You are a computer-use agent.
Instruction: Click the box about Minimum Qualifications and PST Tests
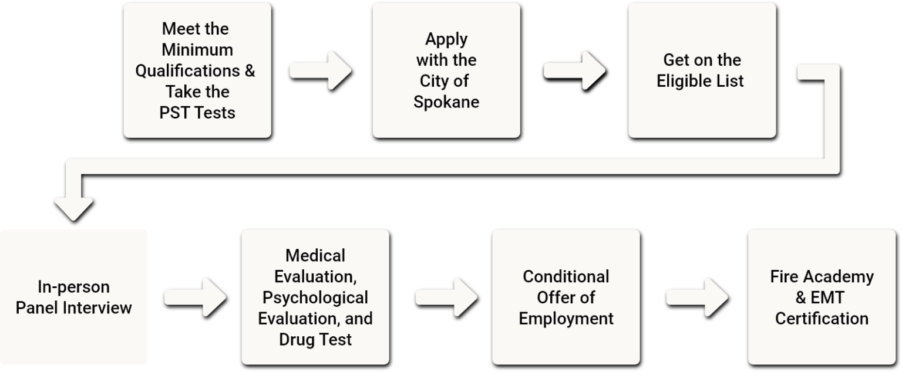(x=197, y=70)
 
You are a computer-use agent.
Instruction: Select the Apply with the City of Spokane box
(x=446, y=70)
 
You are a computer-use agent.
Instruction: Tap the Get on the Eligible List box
(x=702, y=70)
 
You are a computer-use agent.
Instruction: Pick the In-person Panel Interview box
(x=73, y=297)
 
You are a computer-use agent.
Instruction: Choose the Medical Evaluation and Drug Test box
(x=315, y=297)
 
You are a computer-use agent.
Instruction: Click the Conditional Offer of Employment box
(x=566, y=297)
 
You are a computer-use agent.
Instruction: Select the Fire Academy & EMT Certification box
(x=822, y=297)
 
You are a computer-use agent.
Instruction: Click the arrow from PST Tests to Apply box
(x=320, y=70)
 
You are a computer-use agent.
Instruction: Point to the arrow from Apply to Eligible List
(x=574, y=70)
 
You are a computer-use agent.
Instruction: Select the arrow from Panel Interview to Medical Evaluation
(x=194, y=297)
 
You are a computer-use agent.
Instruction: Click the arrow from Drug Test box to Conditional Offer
(x=446, y=297)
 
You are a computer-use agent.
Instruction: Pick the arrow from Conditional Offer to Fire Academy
(x=697, y=297)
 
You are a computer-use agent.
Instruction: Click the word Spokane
(x=446, y=102)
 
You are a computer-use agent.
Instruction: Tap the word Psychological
(x=315, y=297)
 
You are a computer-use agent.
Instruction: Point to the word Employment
(x=566, y=319)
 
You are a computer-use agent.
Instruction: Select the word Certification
(x=822, y=319)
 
